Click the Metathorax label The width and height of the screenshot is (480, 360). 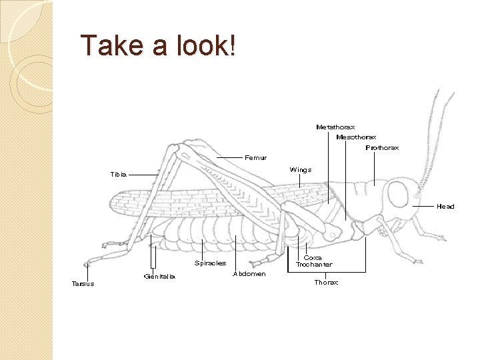coord(335,127)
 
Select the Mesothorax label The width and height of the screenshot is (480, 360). coord(357,137)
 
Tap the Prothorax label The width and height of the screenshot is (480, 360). coord(382,148)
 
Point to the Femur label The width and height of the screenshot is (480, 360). coord(256,158)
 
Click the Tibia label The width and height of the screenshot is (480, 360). coord(118,175)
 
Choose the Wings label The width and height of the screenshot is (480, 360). coord(301,170)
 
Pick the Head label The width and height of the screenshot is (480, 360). coord(445,207)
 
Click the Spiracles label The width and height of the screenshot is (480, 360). coord(210,263)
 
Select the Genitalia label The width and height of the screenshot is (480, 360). coord(159,277)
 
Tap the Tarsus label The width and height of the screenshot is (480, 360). coord(83,283)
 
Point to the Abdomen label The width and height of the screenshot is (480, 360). coord(249,273)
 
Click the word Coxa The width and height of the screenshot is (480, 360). coord(313,257)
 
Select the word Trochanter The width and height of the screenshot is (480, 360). coord(314,265)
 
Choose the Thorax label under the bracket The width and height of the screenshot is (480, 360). coord(326,283)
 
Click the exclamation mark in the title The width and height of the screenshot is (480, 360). coord(231,45)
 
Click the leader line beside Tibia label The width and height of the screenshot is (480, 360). coord(143,175)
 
